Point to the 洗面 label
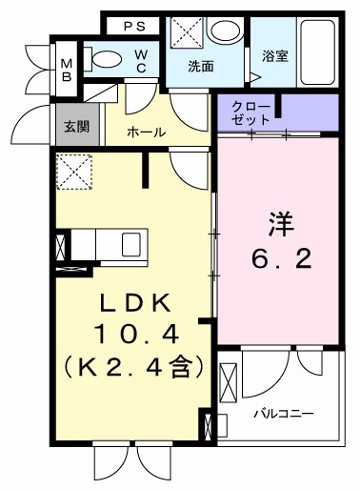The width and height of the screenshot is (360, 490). click(x=200, y=68)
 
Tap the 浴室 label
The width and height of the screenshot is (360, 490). click(x=274, y=56)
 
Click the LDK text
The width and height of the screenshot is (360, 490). click(x=135, y=303)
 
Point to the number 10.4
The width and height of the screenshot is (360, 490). click(x=135, y=334)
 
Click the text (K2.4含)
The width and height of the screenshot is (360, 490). click(x=135, y=365)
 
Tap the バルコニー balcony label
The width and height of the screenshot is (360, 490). click(x=284, y=414)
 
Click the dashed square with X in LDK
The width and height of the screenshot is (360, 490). click(x=72, y=172)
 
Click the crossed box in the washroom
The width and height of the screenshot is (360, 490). click(x=186, y=32)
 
